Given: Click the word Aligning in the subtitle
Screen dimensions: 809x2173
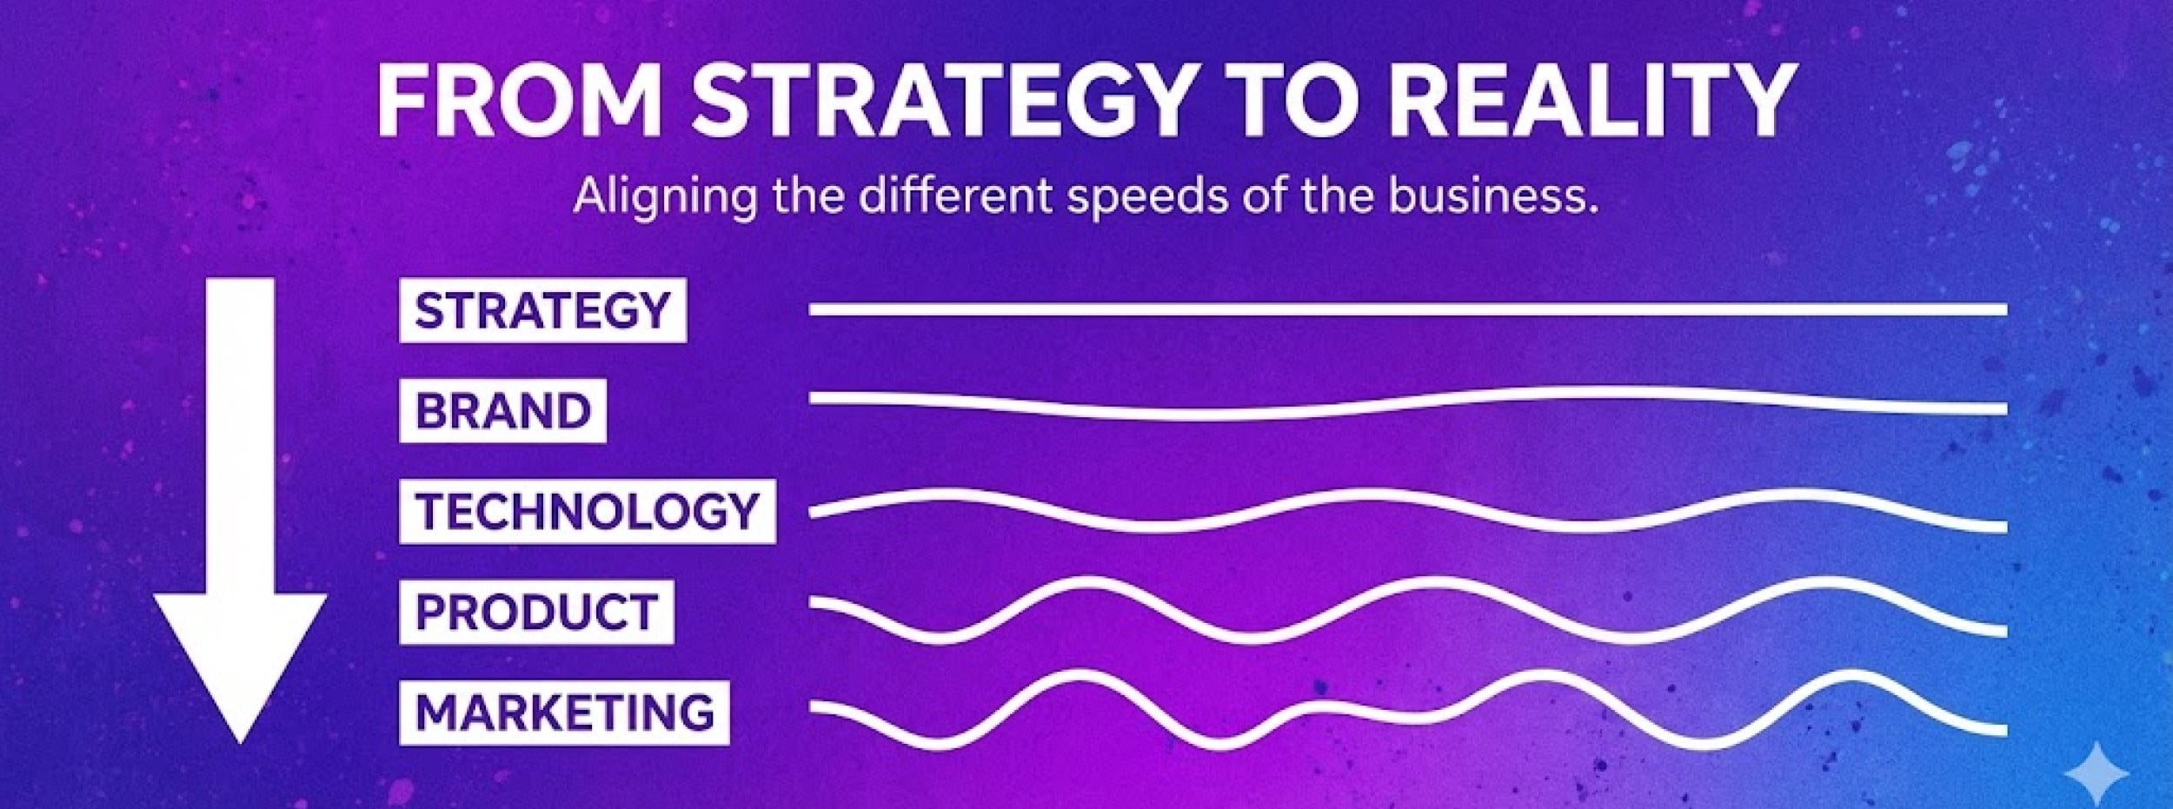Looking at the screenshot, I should pos(665,198).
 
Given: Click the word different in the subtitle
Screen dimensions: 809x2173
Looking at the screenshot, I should pos(955,196).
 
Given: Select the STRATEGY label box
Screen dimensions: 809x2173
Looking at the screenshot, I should pos(542,310).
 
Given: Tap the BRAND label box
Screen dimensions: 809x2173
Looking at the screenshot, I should pos(502,410).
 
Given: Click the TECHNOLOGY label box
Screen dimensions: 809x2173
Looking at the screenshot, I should pos(587,511).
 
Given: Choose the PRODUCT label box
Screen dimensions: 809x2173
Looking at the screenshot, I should pos(536,612).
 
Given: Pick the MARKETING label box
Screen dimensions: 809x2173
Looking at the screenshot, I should pos(564,713).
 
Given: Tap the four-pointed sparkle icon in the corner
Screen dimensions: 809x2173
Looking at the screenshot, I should pos(2097,773).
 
